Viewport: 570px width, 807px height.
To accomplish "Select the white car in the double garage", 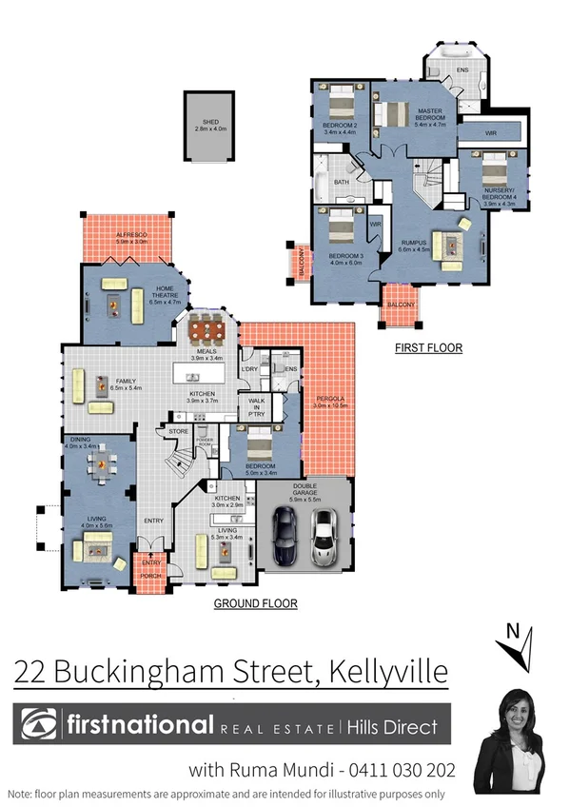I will (324, 537).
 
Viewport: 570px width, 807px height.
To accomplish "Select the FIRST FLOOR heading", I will (428, 348).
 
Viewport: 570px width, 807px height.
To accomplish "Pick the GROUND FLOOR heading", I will (255, 603).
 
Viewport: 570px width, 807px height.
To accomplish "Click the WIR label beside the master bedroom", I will (491, 134).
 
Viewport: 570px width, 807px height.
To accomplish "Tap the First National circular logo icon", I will (42, 726).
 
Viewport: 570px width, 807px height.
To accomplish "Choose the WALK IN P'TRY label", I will (257, 406).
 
